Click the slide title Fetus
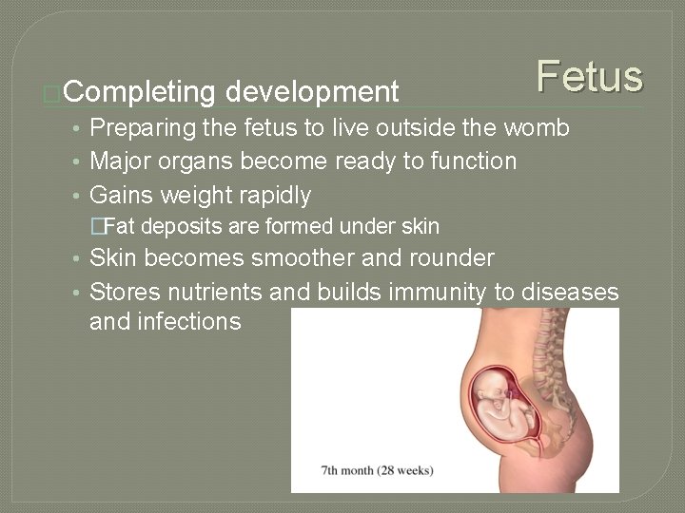click(x=590, y=76)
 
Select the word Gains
click(x=120, y=196)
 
